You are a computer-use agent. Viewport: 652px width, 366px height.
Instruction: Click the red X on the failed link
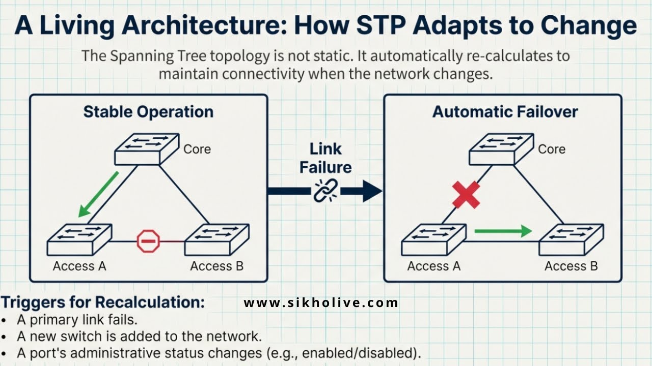[x=466, y=195]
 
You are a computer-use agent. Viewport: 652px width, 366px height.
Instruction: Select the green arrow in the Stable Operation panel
[x=98, y=194]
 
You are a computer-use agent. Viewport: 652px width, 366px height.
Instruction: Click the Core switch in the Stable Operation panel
[x=146, y=149]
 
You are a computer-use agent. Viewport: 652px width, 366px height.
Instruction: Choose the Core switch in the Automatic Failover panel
[x=501, y=149]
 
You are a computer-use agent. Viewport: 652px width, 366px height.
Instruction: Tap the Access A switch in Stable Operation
[x=79, y=240]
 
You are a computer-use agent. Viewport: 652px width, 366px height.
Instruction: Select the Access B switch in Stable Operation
[x=216, y=240]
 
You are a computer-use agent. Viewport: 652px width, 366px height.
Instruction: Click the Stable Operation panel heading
[x=148, y=112]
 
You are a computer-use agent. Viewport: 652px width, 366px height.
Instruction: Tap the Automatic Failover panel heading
[x=505, y=112]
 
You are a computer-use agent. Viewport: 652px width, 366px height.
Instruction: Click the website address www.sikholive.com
[x=321, y=303]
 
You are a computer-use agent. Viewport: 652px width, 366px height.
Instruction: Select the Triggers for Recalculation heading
[x=102, y=302]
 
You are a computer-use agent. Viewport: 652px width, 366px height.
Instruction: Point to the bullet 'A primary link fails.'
[x=77, y=320]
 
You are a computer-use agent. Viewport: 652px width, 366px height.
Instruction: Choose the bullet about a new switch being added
[x=139, y=337]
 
